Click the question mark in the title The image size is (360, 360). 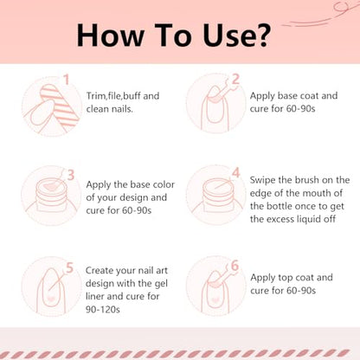pos(262,35)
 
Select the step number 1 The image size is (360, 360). pos(67,80)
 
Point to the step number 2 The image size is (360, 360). pos(235,79)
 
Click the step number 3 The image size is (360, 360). pos(71,175)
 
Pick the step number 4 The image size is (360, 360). pos(236,173)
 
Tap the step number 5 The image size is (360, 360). pos(69,268)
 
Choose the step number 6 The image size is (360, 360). pos(235,266)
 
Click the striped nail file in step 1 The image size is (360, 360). pos(59,106)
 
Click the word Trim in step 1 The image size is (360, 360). pos(96,96)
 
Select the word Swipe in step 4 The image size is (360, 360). pos(262,180)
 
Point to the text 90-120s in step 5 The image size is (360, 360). pos(103,310)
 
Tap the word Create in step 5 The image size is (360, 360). pos(100,270)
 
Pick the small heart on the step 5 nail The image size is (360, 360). pos(51,298)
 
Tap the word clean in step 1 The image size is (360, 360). pos(98,109)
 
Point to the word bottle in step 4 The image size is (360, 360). pos(279,206)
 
